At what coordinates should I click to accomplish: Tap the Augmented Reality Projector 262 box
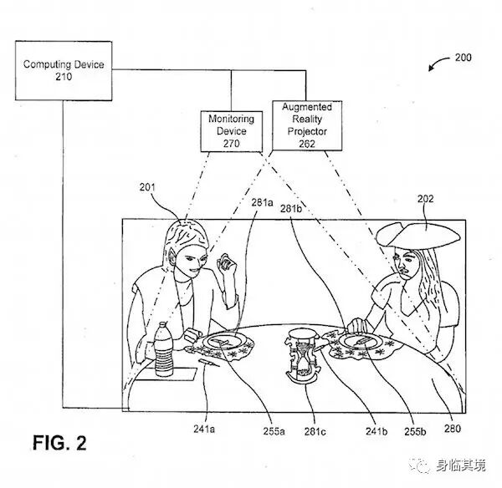(x=306, y=125)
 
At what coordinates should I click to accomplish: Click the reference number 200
(x=462, y=58)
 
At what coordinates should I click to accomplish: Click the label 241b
(x=374, y=431)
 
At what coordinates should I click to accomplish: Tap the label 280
(x=452, y=431)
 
